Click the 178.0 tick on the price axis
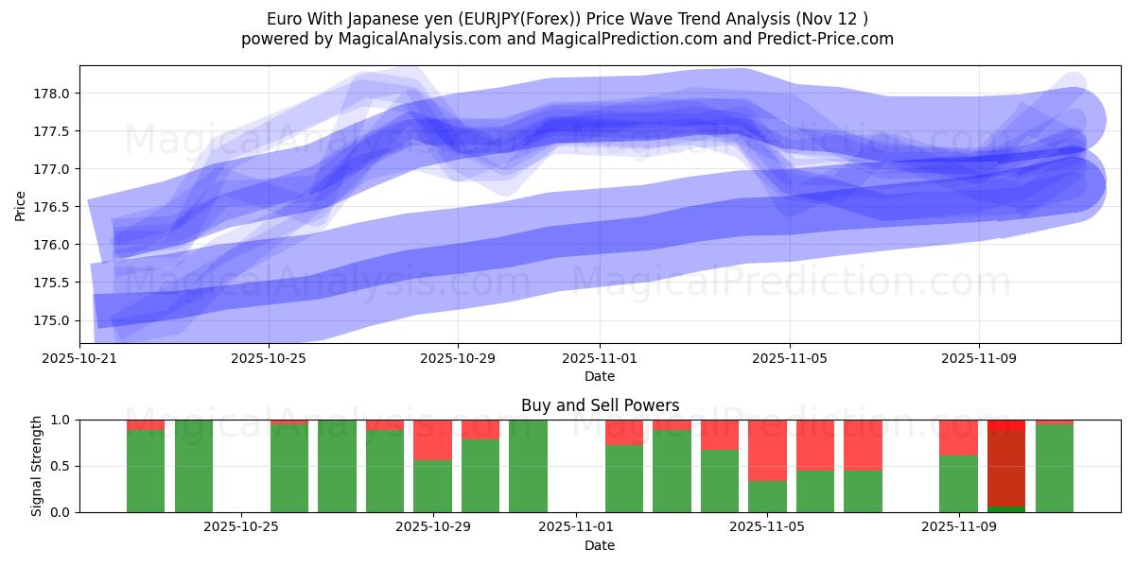[54, 94]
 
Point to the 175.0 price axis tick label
[54, 320]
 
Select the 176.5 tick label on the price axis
[54, 207]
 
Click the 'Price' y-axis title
[21, 204]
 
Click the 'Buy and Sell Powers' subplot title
[600, 405]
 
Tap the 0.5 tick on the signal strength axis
[59, 466]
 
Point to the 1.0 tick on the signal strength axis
[59, 420]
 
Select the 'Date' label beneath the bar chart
[600, 545]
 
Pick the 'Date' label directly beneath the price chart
[600, 376]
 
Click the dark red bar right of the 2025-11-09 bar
[1006, 468]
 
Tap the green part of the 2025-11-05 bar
[767, 496]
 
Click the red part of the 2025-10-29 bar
[432, 439]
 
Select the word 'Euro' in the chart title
[285, 19]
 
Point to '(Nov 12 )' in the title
[832, 19]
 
